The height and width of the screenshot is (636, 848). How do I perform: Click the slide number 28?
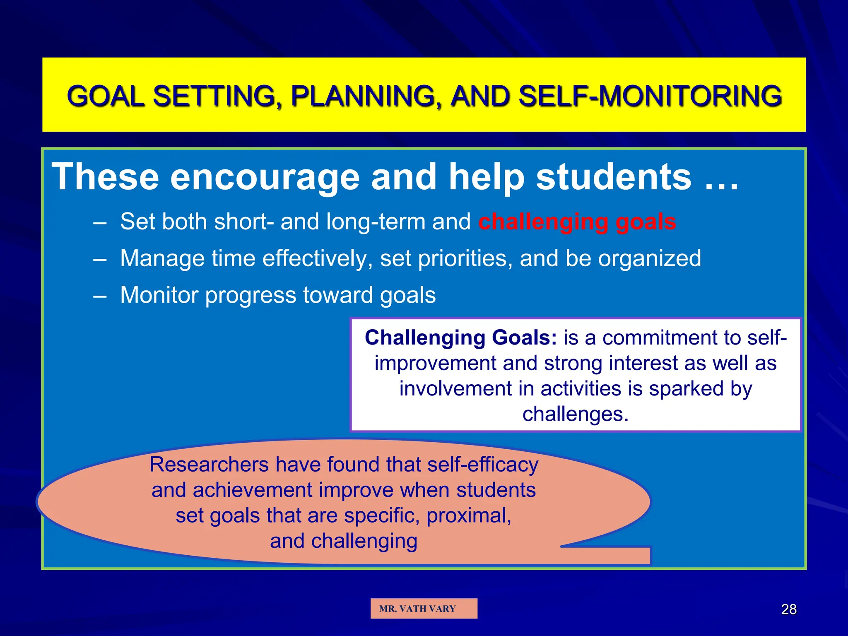tap(788, 609)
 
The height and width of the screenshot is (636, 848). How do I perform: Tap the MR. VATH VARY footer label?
tap(417, 609)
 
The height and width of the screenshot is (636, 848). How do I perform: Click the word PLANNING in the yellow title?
tap(363, 96)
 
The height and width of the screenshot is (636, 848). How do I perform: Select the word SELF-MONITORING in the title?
tap(650, 96)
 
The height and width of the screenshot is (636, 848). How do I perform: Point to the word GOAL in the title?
tap(106, 96)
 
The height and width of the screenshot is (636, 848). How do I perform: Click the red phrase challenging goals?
tap(577, 222)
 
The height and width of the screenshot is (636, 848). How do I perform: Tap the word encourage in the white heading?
tap(265, 177)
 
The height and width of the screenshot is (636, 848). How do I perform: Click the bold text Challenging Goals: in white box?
tap(460, 337)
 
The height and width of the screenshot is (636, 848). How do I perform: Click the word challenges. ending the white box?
tap(575, 414)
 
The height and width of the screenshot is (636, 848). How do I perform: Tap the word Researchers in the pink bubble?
tap(209, 464)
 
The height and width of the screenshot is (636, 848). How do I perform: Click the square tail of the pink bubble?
tap(629, 555)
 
